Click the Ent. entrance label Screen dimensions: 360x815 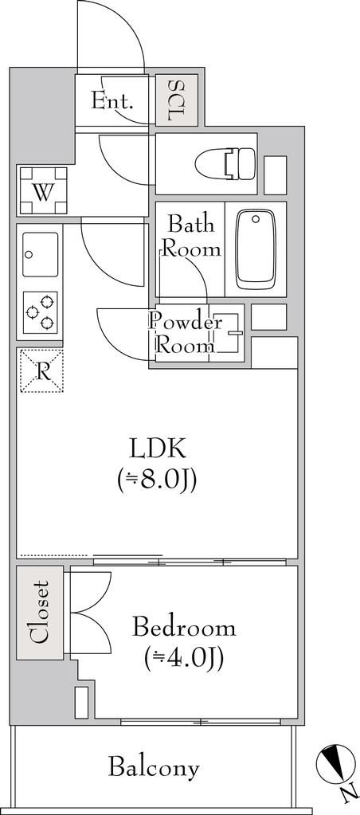click(x=112, y=100)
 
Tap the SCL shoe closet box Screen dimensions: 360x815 click(x=177, y=100)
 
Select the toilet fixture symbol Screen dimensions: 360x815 click(x=225, y=163)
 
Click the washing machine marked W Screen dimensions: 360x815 click(x=44, y=190)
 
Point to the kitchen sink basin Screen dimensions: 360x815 click(x=41, y=255)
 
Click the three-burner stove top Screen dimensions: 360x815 click(x=41, y=312)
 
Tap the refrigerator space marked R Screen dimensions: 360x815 click(x=41, y=370)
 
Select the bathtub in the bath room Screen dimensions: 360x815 click(x=255, y=249)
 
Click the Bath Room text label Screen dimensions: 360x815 click(x=191, y=237)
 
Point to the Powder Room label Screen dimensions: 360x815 click(x=185, y=334)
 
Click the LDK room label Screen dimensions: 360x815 click(x=158, y=449)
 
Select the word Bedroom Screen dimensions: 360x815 click(x=184, y=627)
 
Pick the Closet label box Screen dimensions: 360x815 click(x=40, y=613)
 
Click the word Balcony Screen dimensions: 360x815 click(x=154, y=767)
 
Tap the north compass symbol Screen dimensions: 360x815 click(x=335, y=764)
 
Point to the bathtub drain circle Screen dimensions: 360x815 click(x=255, y=219)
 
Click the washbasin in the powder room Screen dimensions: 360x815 click(x=227, y=333)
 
